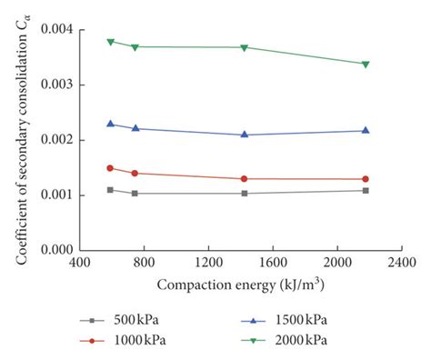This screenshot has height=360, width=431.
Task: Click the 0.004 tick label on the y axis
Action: click(x=57, y=29)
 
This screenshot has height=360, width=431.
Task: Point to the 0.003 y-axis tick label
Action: click(x=57, y=85)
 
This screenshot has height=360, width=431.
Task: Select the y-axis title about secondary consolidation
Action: click(x=22, y=136)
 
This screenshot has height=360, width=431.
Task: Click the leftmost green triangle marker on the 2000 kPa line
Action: click(x=111, y=42)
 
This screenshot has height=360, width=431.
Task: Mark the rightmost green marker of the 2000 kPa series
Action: click(x=366, y=64)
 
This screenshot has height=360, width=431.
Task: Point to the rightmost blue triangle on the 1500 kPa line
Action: click(x=366, y=130)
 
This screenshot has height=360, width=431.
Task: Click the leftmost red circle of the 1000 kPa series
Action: click(x=111, y=168)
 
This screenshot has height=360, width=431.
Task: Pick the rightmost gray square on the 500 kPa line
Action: click(x=366, y=190)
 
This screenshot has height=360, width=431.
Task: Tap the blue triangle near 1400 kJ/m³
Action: click(x=244, y=135)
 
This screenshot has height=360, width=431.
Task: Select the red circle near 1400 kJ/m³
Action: click(x=244, y=178)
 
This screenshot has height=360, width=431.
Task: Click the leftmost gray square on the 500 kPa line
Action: click(x=111, y=190)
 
